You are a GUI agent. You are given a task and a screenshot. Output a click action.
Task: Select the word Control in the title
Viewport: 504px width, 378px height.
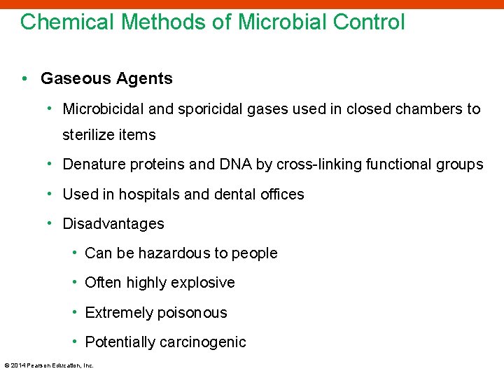pyautogui.click(x=368, y=22)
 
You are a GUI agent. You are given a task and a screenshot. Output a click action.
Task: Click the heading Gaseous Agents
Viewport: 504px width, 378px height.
pyautogui.click(x=106, y=78)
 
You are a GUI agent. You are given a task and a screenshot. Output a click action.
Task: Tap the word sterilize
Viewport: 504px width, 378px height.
pyautogui.click(x=87, y=134)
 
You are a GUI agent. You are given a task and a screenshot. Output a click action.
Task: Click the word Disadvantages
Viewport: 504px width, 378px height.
pyautogui.click(x=113, y=224)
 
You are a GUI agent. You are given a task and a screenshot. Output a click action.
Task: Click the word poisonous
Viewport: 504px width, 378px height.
pyautogui.click(x=192, y=313)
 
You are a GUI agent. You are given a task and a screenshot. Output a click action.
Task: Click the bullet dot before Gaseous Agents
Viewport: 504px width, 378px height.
pyautogui.click(x=24, y=78)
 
